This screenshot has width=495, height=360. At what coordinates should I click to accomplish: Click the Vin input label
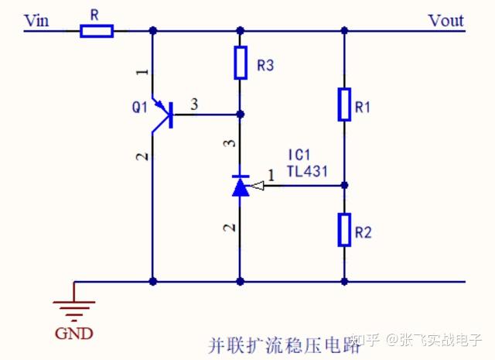[36, 20]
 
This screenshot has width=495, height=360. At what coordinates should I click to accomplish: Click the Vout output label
[445, 20]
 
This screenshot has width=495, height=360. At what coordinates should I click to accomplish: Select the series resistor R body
[97, 31]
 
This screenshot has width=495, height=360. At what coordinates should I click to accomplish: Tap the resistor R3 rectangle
[241, 63]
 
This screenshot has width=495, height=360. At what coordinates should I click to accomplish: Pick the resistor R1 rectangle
[344, 105]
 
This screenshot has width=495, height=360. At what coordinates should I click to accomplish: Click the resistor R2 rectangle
[344, 230]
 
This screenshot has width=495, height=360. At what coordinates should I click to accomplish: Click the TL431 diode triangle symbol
[241, 186]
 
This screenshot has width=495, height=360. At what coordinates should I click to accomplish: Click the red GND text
[74, 334]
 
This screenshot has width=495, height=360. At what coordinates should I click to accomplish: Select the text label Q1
[138, 108]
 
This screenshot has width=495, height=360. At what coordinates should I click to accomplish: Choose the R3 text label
[265, 67]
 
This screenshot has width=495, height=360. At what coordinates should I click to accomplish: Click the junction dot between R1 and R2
[344, 186]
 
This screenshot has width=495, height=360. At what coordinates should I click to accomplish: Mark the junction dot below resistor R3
[241, 115]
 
